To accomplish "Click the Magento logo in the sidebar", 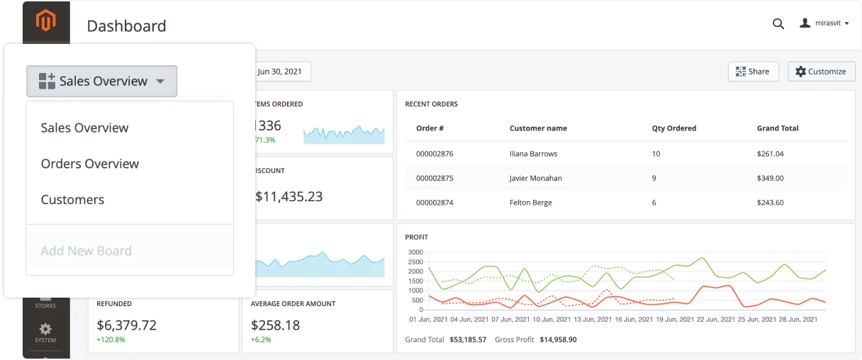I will click(x=46, y=21).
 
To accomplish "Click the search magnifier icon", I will click(x=778, y=23).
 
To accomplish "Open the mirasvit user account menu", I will click(x=824, y=23).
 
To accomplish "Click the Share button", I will click(x=753, y=72).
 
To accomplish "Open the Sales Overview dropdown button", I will click(x=102, y=81).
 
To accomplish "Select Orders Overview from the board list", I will click(x=90, y=164).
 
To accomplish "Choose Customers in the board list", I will click(x=72, y=200).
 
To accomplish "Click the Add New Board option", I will click(x=86, y=251).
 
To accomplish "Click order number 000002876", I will click(x=435, y=154).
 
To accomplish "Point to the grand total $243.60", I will click(x=770, y=203).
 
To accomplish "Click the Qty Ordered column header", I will click(x=673, y=128).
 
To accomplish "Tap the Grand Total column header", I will click(x=778, y=128).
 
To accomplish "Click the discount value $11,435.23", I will click(x=289, y=197).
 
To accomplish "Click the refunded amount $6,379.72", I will click(x=126, y=325).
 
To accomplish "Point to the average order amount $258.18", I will click(x=275, y=325).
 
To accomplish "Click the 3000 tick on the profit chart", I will click(x=415, y=252).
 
